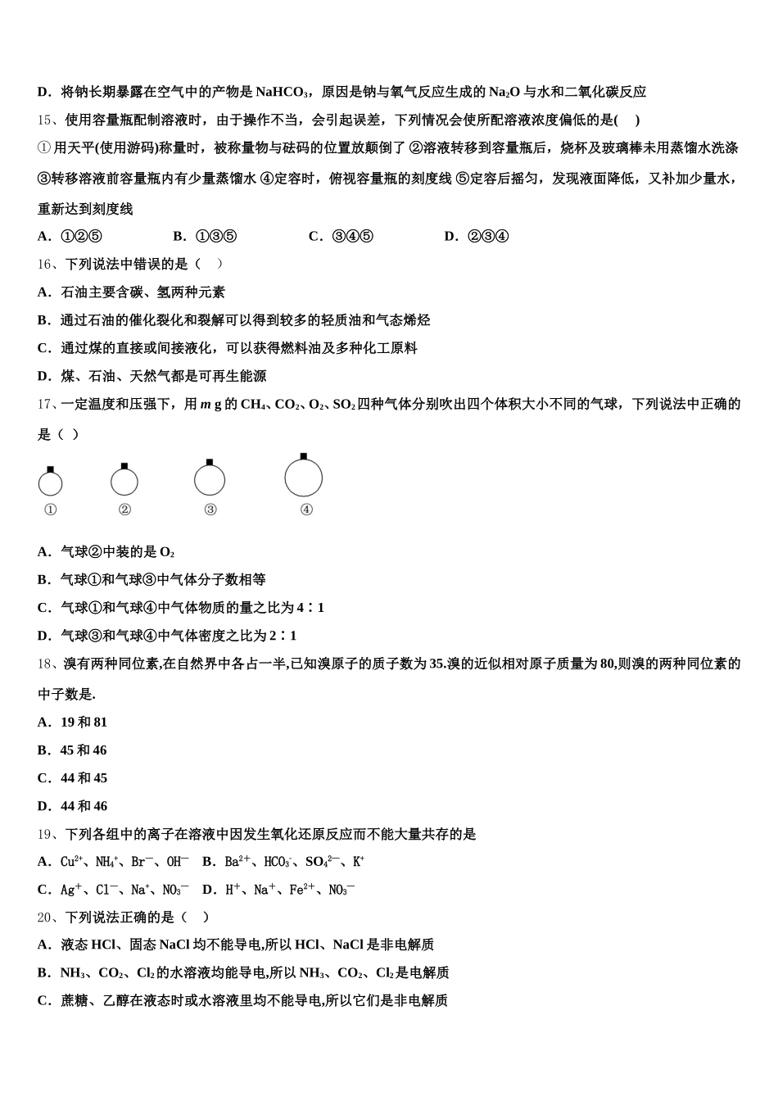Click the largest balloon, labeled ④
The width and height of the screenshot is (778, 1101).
303,478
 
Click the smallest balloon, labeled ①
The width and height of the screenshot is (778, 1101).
50,483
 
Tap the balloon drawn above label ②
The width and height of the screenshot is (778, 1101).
124,482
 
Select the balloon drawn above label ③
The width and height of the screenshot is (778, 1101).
210,480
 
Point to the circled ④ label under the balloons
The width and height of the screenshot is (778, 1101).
306,510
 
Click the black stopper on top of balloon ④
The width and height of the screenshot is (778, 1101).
303,456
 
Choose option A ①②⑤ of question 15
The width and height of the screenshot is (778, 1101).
70,237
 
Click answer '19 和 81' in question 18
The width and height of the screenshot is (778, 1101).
84,723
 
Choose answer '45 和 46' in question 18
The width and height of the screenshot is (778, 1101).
84,750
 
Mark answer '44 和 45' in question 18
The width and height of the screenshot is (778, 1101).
84,778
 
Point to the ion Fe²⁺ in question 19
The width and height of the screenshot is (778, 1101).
302,890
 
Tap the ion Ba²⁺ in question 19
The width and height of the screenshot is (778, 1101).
237,862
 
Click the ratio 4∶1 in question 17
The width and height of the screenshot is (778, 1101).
310,608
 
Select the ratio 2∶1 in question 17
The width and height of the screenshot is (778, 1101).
283,636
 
